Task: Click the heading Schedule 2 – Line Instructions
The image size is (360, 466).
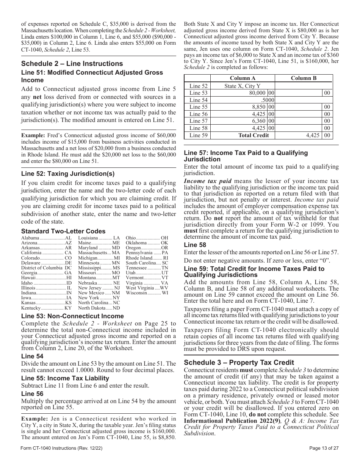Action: pyautogui.click(x=72, y=64)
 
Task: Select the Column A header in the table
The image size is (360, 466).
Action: pyautogui.click(x=241, y=78)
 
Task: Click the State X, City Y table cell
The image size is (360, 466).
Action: pyautogui.click(x=242, y=86)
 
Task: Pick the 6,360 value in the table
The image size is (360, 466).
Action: pyautogui.click(x=257, y=121)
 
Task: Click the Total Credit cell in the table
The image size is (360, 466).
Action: pyautogui.click(x=254, y=135)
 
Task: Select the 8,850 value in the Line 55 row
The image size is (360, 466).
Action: pyautogui.click(x=257, y=107)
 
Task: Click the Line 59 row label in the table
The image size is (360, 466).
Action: pyautogui.click(x=198, y=135)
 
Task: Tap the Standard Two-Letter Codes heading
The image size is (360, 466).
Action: pyautogui.click(x=63, y=231)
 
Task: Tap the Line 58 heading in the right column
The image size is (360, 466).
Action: pyautogui.click(x=195, y=245)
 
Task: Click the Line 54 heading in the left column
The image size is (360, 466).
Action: pyautogui.click(x=32, y=356)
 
